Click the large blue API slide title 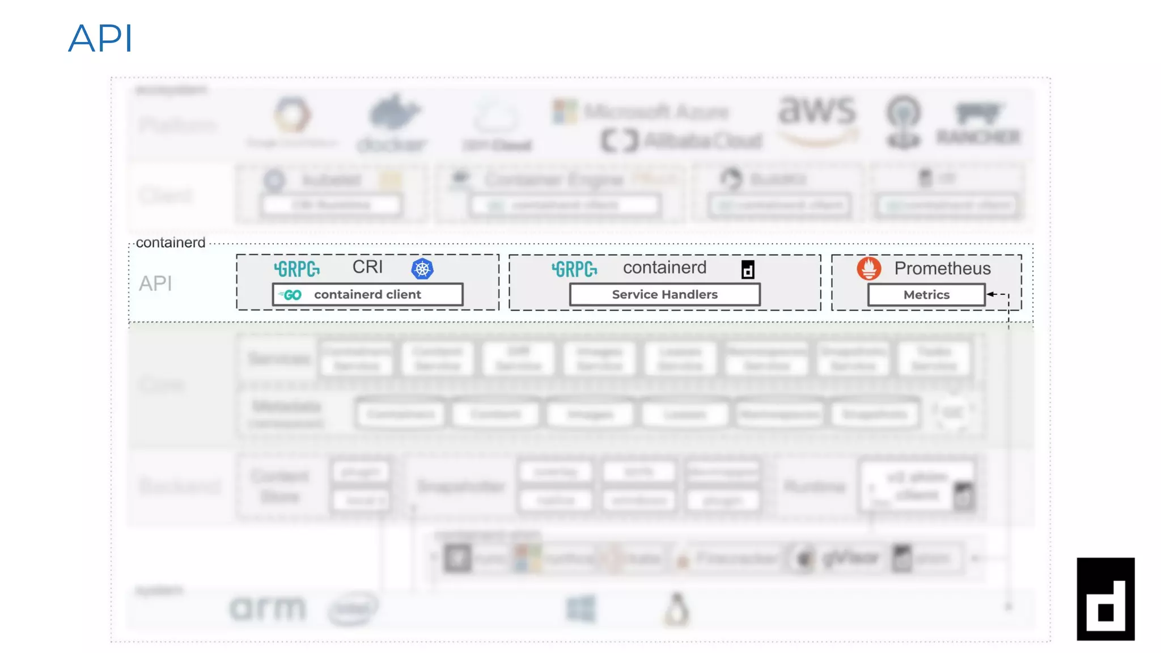point(100,39)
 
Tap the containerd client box point(367,295)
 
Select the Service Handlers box point(664,295)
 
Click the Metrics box point(926,295)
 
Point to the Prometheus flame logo point(868,268)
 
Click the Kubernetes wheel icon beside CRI point(422,269)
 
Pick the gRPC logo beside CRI point(296,269)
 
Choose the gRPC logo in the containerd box point(574,269)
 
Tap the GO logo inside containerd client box point(291,295)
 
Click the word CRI point(367,267)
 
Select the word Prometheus point(942,268)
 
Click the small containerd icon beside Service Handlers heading point(748,270)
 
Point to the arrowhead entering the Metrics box point(990,294)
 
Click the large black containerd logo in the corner point(1105,599)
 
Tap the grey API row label point(155,283)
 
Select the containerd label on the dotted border point(171,243)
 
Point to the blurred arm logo point(268,608)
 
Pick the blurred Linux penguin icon point(676,610)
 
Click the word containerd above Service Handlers point(664,268)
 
